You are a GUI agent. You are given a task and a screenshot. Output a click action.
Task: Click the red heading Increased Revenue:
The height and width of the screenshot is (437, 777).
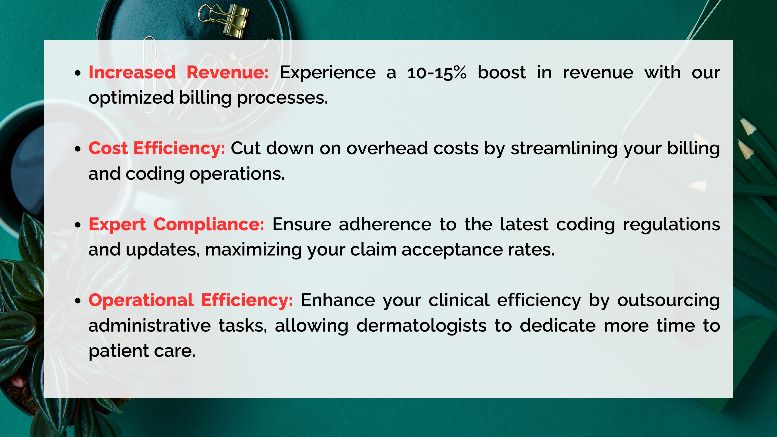178,73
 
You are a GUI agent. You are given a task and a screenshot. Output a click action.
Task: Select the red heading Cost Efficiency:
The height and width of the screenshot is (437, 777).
157,148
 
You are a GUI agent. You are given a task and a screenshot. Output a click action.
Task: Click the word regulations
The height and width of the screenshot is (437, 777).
671,225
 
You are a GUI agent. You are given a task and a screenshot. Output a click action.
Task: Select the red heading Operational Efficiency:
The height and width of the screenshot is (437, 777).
190,300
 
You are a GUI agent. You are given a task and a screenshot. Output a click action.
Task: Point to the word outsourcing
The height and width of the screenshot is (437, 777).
668,300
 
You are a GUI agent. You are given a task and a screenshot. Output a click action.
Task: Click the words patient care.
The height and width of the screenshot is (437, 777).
142,351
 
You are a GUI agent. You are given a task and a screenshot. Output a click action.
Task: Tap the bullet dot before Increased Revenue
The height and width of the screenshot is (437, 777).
78,73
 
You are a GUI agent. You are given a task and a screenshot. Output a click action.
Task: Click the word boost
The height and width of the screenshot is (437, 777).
502,73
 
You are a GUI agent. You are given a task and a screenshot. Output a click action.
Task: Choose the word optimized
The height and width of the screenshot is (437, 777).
131,98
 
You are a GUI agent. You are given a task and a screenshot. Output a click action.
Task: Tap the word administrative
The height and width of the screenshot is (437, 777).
149,326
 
